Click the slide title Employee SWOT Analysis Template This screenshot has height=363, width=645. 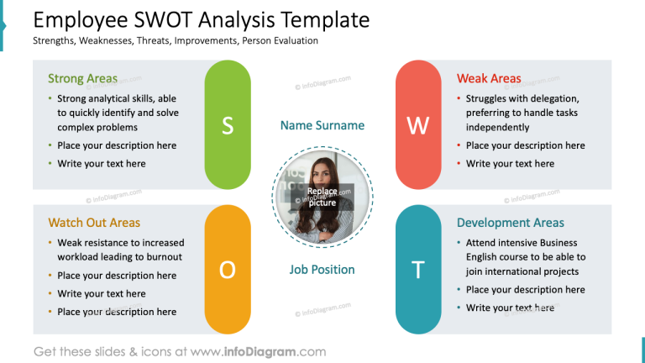click(201, 19)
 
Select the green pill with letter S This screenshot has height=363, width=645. click(228, 125)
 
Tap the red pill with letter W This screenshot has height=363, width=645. click(417, 125)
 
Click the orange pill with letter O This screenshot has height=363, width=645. click(228, 269)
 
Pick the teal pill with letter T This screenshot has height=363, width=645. click(417, 269)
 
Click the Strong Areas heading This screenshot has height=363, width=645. click(82, 79)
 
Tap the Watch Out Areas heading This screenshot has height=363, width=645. click(94, 223)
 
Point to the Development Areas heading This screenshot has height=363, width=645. click(511, 223)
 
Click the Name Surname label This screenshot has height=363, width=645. click(322, 125)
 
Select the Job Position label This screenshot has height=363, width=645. click(322, 270)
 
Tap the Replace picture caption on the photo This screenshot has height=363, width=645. click(322, 197)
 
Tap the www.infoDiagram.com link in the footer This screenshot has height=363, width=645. click(258, 352)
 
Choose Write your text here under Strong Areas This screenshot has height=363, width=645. click(101, 164)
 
